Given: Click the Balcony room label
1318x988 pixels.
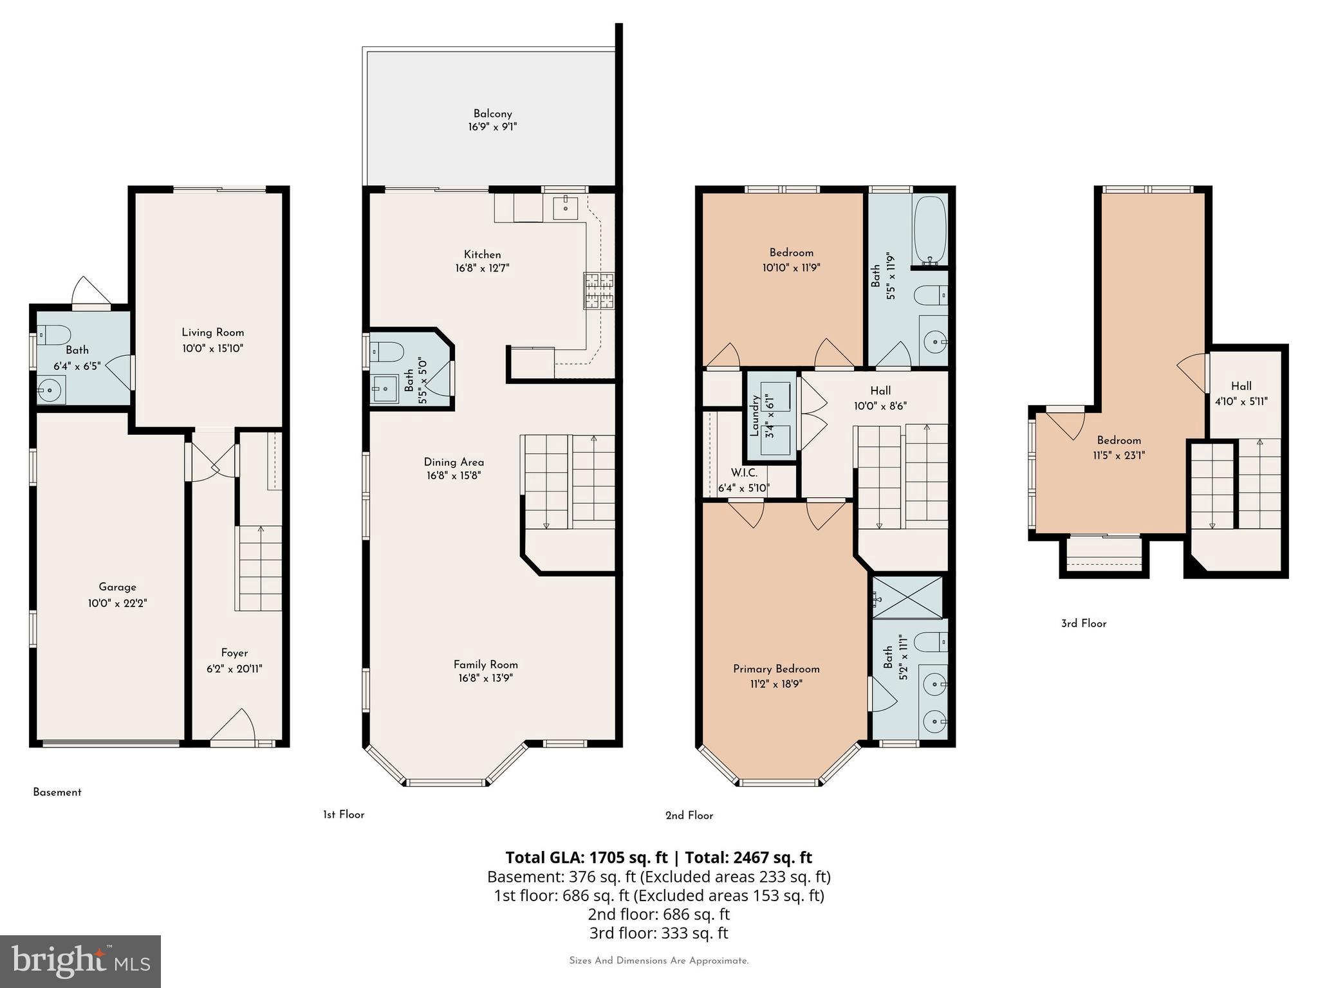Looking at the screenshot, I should coord(492,114).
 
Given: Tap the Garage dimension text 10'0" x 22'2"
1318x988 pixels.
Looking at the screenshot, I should coord(118,603).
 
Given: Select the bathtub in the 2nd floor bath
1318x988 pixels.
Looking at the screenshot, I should coord(929,231).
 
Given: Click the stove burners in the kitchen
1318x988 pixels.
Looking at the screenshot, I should coord(599,291).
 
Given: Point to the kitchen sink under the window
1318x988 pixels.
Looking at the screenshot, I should coord(566,208).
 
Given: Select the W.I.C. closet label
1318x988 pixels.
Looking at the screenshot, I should coord(743,473).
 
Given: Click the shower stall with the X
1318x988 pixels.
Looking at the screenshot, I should coord(907,598).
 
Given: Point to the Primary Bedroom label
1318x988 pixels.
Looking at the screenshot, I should coord(776,669).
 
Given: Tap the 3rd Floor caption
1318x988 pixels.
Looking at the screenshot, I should coord(1084,623).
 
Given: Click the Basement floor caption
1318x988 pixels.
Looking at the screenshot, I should coord(57,792).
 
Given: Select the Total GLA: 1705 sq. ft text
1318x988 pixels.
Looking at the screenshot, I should coord(586,857).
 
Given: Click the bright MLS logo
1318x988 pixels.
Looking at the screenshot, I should coord(80,961).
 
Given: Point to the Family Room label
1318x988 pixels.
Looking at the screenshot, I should coord(485,664).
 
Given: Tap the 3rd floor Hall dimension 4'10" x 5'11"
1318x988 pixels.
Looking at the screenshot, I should coord(1241,401).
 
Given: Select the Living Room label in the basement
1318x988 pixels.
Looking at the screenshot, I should coord(212,333).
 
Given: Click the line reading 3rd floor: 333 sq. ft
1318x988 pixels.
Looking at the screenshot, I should coord(658,933).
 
